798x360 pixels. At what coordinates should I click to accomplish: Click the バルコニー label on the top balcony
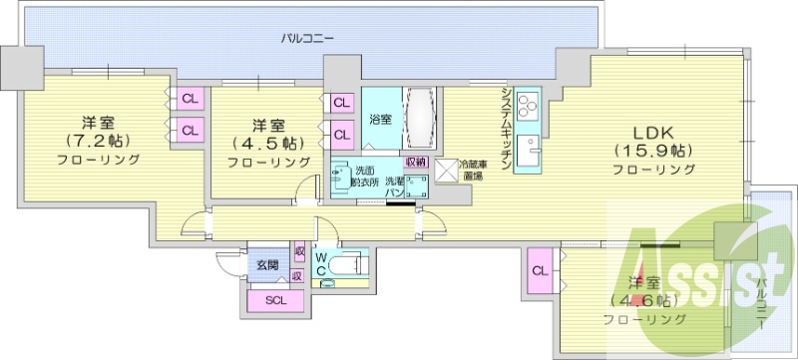click(306, 39)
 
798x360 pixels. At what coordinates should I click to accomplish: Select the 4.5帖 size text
click(264, 143)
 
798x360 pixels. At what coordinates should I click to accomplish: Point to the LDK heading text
click(652, 132)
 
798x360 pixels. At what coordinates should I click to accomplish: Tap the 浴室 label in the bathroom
click(380, 120)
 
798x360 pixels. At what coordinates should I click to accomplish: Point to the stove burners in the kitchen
click(528, 105)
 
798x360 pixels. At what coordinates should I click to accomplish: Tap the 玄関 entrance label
click(266, 265)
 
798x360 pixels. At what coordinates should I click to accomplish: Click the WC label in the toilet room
click(321, 264)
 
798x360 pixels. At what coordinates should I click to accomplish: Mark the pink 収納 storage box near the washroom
click(415, 162)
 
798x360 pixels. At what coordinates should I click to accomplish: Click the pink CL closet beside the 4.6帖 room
click(540, 271)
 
